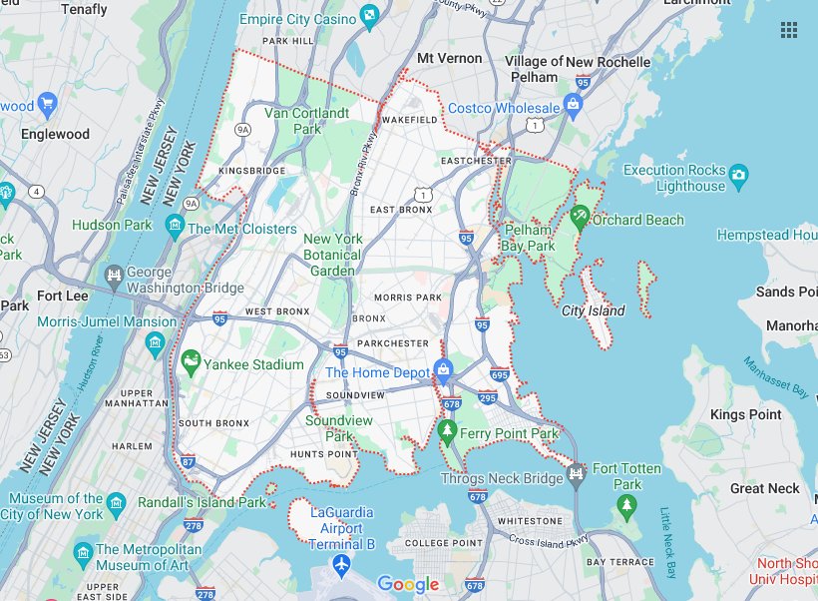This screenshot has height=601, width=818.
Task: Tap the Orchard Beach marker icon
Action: tap(580, 216)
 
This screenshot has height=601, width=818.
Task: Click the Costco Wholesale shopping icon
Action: tap(573, 104)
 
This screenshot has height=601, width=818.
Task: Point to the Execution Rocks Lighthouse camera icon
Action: tap(738, 177)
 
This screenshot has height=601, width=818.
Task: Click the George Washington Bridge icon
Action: tap(115, 274)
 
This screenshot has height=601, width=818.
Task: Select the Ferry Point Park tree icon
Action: tap(447, 431)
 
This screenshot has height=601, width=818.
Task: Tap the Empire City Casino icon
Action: tap(370, 15)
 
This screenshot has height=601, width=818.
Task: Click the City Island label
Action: tap(593, 310)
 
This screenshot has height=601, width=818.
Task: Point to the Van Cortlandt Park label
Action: tap(306, 121)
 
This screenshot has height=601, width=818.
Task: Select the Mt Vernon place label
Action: tap(449, 58)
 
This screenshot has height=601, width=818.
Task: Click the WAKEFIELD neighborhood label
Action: tap(410, 120)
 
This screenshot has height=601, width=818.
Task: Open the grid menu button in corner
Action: tap(789, 30)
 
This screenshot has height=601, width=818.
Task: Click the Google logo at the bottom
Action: tap(408, 585)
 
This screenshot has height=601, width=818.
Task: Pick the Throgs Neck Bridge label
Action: tap(502, 479)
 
